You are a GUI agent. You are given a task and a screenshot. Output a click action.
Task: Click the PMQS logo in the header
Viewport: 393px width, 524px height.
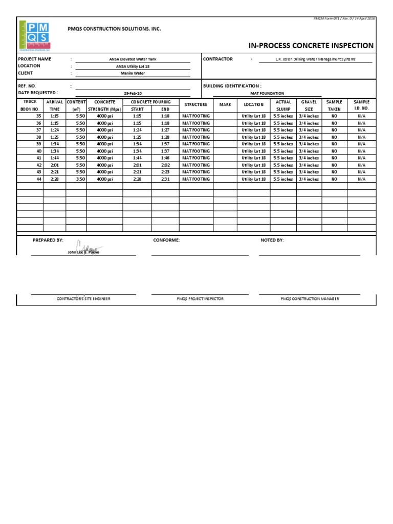tap(34, 35)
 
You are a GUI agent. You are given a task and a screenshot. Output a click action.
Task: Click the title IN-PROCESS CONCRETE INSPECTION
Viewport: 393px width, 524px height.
tap(311, 46)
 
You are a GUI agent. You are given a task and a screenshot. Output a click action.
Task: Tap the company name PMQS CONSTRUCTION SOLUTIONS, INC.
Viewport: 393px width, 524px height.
tap(115, 29)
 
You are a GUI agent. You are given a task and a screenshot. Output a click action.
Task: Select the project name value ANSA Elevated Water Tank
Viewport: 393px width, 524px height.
tap(133, 59)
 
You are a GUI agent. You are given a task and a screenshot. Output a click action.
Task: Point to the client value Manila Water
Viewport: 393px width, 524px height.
tap(133, 73)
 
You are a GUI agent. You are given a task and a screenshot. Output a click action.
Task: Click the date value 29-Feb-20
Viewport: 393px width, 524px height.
tap(133, 93)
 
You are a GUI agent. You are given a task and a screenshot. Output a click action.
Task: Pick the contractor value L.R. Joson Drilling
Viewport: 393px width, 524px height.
tap(315, 59)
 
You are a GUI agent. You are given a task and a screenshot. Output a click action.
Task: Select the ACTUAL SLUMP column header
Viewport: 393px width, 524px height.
tap(283, 105)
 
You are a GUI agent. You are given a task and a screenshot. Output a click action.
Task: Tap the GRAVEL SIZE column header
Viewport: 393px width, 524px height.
tap(309, 105)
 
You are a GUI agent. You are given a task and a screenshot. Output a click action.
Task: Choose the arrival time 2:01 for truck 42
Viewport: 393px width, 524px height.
tap(54, 165)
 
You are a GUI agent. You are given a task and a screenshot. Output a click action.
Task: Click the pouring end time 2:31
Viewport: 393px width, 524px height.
tap(165, 179)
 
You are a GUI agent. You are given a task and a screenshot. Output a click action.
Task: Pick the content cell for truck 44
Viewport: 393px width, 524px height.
tap(76, 179)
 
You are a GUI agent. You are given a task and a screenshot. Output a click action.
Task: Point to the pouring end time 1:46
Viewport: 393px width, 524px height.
tap(165, 158)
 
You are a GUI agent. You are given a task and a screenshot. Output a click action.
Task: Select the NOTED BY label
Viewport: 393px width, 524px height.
tap(272, 240)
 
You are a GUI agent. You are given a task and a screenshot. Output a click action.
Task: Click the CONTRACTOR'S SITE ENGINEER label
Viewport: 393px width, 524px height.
tap(83, 299)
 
